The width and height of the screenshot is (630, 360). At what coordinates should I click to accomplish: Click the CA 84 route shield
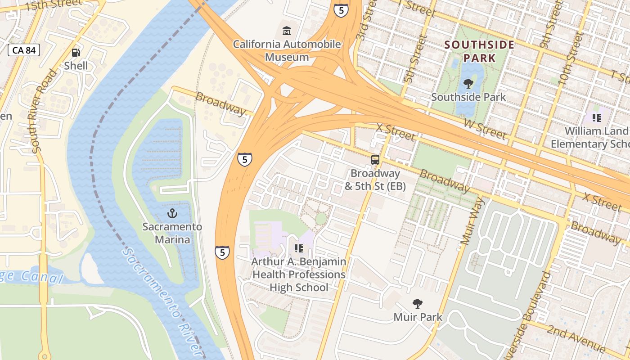click(24, 50)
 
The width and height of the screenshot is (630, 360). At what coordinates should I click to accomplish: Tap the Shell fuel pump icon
click(76, 53)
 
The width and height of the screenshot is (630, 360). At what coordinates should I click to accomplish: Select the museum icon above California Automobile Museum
click(286, 31)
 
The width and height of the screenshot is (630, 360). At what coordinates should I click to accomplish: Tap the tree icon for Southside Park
click(468, 83)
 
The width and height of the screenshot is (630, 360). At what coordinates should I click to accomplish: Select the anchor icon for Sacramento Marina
click(172, 213)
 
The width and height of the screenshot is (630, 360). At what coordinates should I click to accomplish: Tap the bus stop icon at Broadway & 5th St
click(375, 159)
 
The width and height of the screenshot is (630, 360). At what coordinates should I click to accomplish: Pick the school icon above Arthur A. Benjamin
click(298, 248)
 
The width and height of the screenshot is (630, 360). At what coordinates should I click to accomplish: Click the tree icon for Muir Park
click(418, 304)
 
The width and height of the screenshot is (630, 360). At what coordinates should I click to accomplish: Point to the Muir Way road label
click(472, 221)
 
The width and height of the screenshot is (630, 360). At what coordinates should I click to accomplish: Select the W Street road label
click(485, 130)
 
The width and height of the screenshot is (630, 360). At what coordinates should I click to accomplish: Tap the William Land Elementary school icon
click(597, 118)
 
